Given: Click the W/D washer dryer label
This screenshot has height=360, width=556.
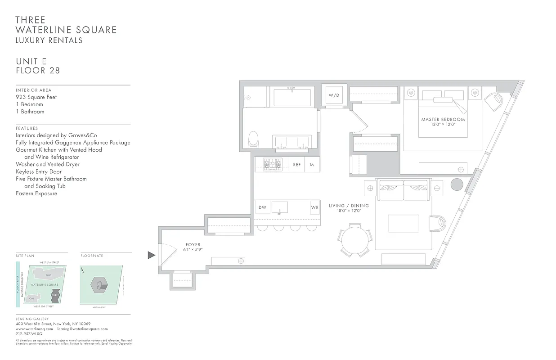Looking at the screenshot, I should (x=333, y=95).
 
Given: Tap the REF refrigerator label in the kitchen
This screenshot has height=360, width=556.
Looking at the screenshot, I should (x=297, y=165).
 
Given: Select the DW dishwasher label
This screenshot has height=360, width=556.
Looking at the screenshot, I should (x=262, y=208).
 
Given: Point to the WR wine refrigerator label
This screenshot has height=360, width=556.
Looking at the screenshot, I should (x=314, y=208).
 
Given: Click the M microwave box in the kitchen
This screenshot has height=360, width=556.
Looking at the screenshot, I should (x=312, y=165).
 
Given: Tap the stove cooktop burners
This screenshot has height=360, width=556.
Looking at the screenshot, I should (x=272, y=164).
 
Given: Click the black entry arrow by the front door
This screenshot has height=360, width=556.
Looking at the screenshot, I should (x=151, y=255).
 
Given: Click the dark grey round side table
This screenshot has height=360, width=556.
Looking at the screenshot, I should (x=457, y=185).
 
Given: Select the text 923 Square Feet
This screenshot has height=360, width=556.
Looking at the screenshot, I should (x=36, y=97).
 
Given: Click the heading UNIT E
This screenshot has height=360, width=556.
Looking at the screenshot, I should (x=31, y=61).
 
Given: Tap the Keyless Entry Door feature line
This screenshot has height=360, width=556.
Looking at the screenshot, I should (x=39, y=171).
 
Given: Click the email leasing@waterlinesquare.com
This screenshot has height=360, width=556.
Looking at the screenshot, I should (x=82, y=329).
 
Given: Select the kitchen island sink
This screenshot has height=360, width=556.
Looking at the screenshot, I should (x=282, y=207).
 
